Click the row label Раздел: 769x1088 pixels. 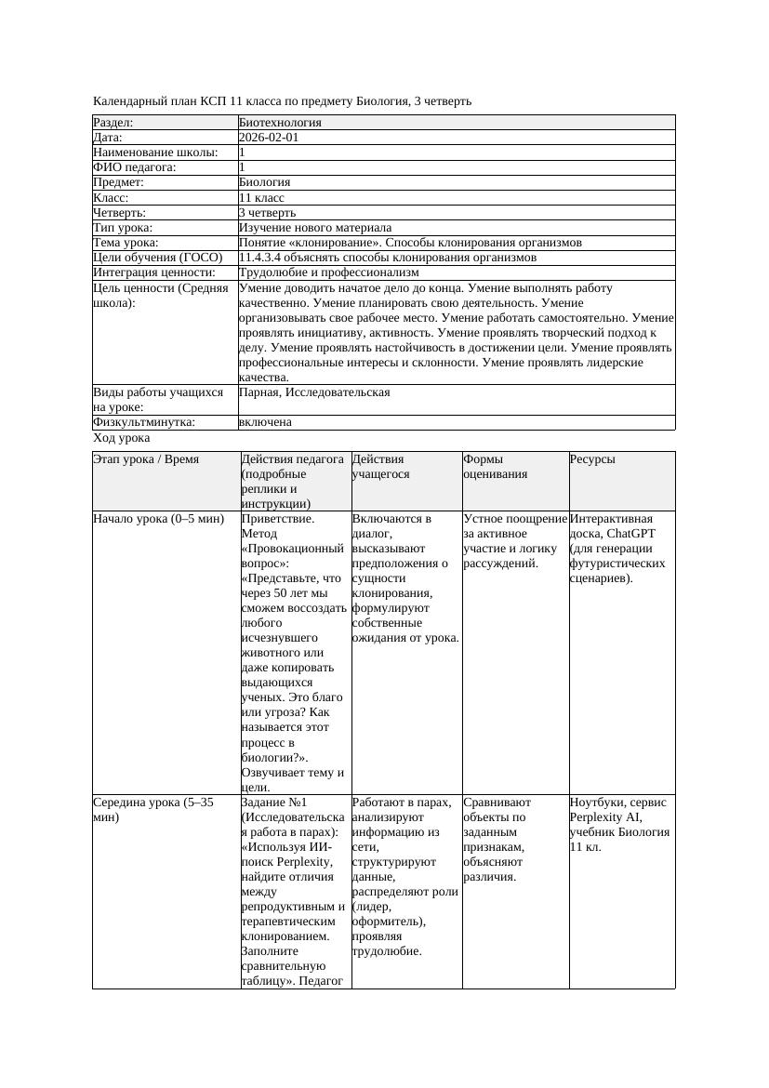tap(113, 123)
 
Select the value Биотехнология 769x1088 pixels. tap(280, 123)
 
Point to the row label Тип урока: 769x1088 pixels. tap(123, 228)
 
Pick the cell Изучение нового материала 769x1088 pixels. tap(315, 228)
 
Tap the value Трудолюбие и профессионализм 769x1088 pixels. tap(328, 272)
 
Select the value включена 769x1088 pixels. tap(265, 422)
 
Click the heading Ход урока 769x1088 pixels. tap(122, 438)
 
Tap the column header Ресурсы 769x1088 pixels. tap(592, 459)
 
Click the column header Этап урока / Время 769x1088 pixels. tap(146, 459)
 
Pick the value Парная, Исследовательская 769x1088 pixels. tap(314, 392)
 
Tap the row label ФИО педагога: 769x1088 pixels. tap(135, 167)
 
